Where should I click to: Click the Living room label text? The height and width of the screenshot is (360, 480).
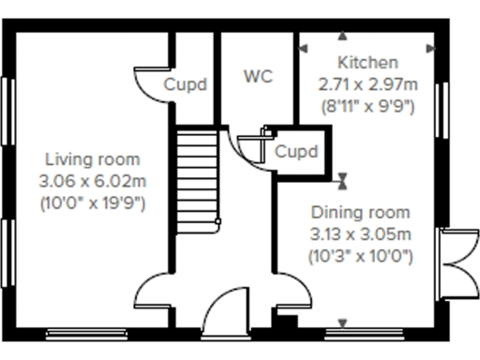pyautogui.click(x=92, y=160)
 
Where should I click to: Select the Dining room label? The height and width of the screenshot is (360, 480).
pyautogui.click(x=361, y=212)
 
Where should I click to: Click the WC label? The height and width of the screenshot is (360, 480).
pyautogui.click(x=258, y=77)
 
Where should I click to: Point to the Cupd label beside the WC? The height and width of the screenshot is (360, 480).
pyautogui.click(x=186, y=84)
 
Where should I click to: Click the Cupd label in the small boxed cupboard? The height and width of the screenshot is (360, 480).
pyautogui.click(x=296, y=151)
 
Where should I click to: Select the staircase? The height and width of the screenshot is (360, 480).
pyautogui.click(x=197, y=178)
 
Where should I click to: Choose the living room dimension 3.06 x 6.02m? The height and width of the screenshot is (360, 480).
pyautogui.click(x=92, y=180)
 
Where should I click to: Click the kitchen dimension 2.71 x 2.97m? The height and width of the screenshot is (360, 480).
pyautogui.click(x=367, y=84)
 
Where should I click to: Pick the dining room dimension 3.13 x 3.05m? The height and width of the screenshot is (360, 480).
pyautogui.click(x=361, y=232)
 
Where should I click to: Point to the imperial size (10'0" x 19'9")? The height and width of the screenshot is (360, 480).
pyautogui.click(x=92, y=201)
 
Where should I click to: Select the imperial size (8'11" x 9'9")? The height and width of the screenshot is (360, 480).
pyautogui.click(x=367, y=105)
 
